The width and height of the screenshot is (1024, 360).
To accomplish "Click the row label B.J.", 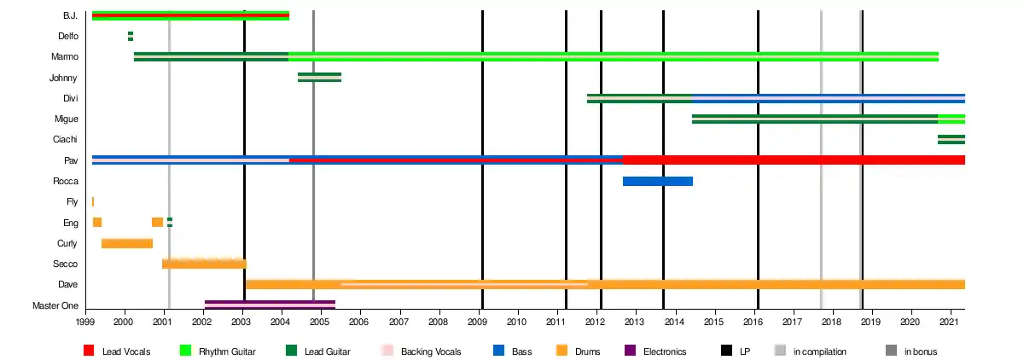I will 71,16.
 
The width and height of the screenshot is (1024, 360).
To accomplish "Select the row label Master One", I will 55,305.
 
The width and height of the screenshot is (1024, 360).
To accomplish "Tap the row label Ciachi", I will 66,139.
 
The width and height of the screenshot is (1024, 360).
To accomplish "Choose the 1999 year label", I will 85,322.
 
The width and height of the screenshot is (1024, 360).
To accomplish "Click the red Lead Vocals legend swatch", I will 89,351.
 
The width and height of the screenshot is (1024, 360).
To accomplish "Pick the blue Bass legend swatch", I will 498,351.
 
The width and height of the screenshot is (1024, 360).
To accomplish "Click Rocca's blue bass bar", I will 657,181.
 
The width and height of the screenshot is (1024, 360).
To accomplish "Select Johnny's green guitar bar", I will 319,78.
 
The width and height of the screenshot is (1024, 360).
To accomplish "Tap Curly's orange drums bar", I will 126,243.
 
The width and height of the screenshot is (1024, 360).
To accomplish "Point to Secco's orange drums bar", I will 204,264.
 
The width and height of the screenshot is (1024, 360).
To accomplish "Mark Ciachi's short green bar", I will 951,139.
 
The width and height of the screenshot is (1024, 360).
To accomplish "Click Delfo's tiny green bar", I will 131,36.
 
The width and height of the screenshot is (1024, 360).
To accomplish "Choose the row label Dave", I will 67,284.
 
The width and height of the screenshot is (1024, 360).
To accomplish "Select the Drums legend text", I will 586,351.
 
